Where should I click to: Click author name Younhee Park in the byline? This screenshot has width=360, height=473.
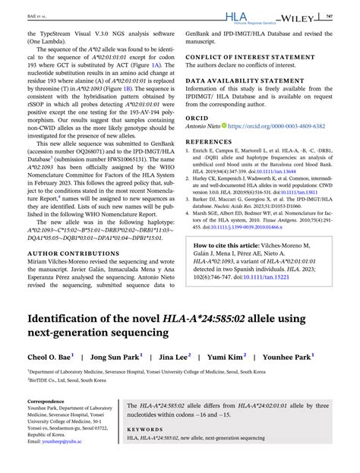tap(286, 355)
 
